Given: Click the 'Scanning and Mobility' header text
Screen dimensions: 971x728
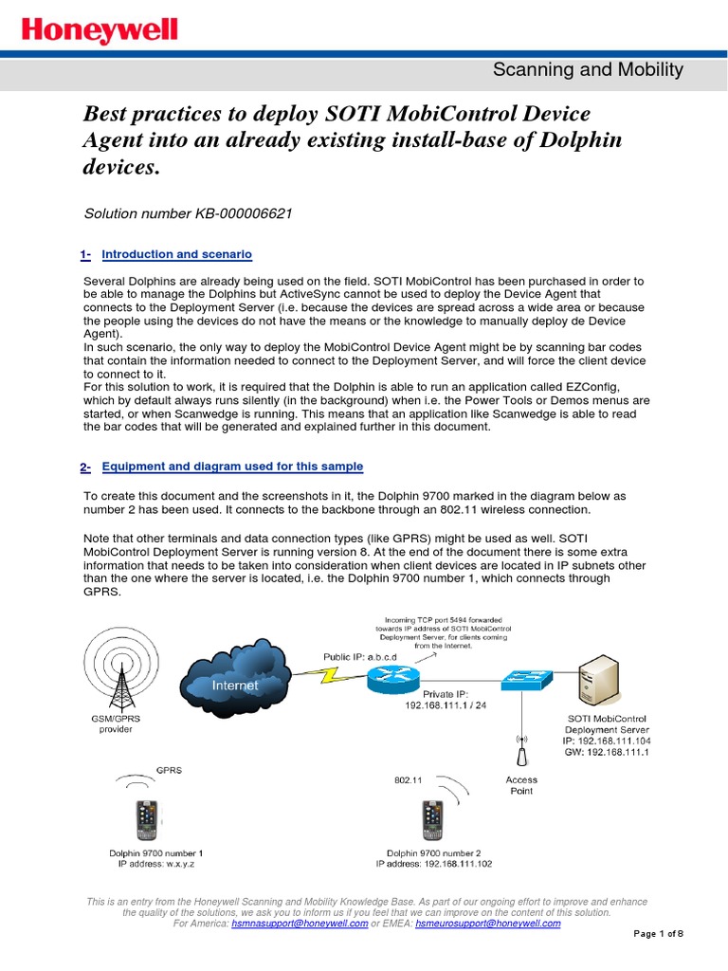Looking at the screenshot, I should tap(589, 68).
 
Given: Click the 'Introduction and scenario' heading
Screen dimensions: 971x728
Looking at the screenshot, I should tap(176, 254).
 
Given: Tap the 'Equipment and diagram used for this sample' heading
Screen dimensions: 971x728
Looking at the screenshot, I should tap(232, 467).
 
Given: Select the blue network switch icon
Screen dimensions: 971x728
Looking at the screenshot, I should tap(528, 679).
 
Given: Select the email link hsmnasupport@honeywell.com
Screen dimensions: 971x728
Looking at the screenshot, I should tap(300, 923).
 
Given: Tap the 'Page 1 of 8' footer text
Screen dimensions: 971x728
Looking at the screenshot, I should tap(658, 934).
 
